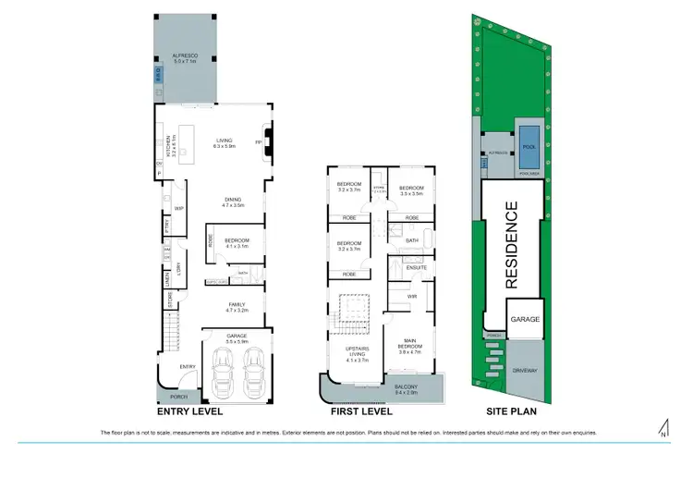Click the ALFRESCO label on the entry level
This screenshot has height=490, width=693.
(186, 56)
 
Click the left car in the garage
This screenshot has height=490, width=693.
(222, 374)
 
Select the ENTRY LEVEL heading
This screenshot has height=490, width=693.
(190, 415)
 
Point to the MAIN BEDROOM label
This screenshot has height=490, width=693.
(409, 349)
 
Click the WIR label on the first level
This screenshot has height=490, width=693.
(412, 296)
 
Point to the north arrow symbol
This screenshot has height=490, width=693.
(663, 427)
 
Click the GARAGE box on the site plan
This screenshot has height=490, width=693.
(523, 319)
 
